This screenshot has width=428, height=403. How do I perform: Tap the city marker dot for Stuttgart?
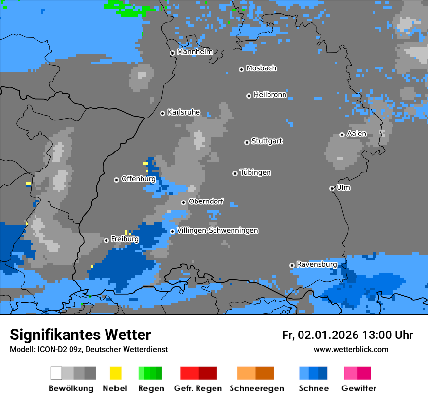[247, 142]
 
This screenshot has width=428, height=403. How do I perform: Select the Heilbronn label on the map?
[270, 95]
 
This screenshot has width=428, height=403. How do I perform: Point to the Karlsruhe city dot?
[162, 113]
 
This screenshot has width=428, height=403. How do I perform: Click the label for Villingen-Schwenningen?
[218, 230]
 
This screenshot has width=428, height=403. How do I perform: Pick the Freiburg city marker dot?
[106, 240]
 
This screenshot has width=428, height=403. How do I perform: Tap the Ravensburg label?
[317, 264]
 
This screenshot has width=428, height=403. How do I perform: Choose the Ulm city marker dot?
[332, 188]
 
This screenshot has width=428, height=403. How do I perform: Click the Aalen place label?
[357, 134]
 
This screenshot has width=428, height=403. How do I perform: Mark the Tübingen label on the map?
[255, 172]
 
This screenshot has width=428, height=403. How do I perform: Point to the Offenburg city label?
[139, 179]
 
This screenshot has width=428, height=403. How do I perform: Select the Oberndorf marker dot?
[183, 202]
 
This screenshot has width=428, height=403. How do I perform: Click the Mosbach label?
[261, 68]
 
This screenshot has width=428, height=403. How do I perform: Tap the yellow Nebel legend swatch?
[115, 373]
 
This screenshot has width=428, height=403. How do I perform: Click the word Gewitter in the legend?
[358, 388]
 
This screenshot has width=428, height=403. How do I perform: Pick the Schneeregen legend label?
[257, 388]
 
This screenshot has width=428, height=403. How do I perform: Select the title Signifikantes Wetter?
[80, 335]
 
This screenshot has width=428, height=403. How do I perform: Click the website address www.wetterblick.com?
[351, 349]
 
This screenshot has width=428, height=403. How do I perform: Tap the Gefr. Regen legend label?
[198, 388]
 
